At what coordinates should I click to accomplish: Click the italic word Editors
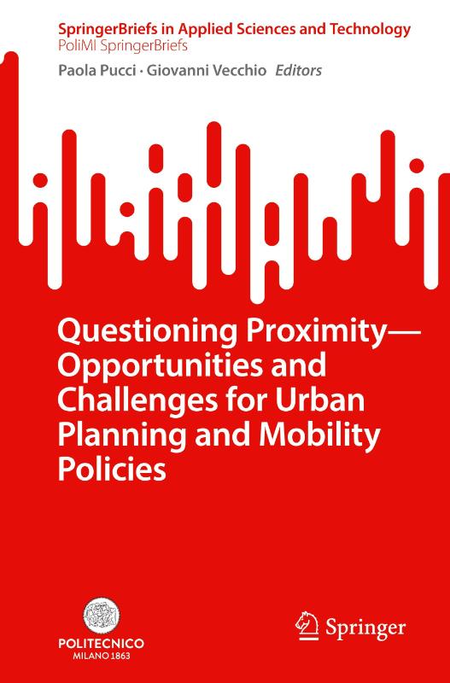coord(296,71)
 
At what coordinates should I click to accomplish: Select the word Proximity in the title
coord(286,331)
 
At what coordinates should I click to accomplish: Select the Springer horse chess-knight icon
coord(304,626)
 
